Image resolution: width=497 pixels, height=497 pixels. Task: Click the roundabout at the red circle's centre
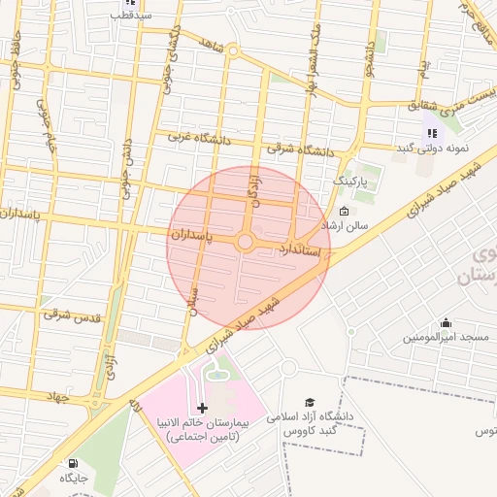(246, 242)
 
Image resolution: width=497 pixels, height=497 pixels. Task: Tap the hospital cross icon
(202, 408)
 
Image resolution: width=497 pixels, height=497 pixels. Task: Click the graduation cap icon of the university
(310, 402)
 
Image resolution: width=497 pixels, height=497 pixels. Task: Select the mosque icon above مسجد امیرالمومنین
(446, 322)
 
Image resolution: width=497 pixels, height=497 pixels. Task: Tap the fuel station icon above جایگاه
(72, 463)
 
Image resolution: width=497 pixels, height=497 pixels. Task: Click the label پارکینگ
(350, 182)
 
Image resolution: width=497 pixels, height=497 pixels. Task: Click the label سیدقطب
(129, 17)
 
